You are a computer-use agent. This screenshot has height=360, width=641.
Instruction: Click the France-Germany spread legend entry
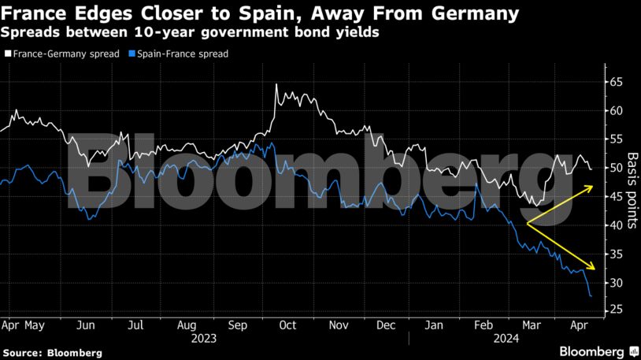63,54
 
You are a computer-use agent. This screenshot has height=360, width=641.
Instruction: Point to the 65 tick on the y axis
616,82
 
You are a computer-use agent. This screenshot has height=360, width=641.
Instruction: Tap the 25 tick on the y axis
616,311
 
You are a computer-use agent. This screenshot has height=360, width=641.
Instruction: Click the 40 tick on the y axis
616,225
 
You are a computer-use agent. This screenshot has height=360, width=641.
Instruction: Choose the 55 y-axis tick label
616,139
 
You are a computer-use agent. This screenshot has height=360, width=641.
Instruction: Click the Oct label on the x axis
287,325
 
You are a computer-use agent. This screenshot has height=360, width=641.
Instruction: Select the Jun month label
87,325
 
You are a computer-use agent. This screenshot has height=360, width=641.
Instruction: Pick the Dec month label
386,325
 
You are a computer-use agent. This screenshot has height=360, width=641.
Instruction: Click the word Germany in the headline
473,13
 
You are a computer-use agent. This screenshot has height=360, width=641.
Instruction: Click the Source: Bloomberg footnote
52,353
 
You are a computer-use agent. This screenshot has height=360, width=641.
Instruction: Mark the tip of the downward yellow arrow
595,269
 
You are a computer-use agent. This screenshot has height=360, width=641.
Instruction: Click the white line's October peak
276,84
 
